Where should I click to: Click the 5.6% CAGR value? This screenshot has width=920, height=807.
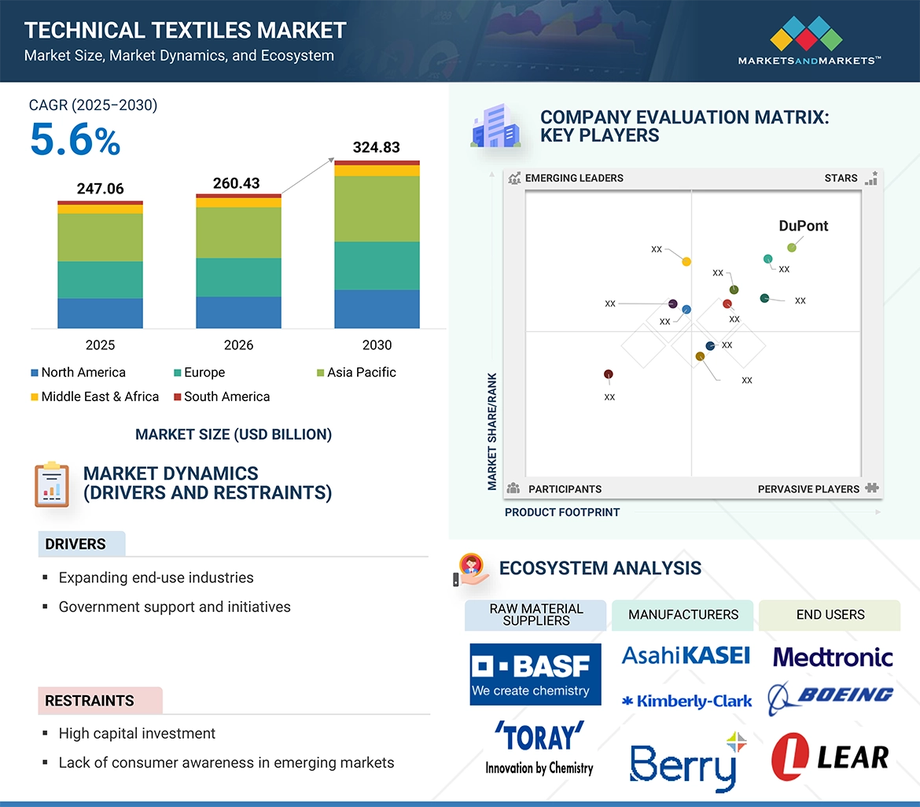click(75, 141)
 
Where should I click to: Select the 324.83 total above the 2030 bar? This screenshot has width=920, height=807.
click(376, 147)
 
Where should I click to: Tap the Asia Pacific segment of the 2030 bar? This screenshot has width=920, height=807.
click(376, 208)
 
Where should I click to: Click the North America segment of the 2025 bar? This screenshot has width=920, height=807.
click(100, 313)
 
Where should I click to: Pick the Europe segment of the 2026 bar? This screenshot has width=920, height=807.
click(238, 277)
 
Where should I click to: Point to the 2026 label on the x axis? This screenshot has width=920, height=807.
click(238, 345)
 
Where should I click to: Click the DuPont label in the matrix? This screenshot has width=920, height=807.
click(803, 227)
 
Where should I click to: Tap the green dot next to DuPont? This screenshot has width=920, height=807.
click(792, 248)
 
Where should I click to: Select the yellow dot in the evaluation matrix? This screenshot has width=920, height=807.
click(686, 261)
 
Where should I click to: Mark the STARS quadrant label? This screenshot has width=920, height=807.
click(841, 179)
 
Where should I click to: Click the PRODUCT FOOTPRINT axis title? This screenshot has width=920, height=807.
click(562, 513)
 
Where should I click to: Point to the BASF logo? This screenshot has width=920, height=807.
click(535, 674)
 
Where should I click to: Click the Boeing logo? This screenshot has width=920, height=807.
click(832, 696)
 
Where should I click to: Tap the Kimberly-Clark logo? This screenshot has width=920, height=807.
click(686, 701)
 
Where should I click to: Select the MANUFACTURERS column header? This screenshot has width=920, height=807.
click(683, 615)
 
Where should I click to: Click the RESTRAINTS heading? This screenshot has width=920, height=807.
click(90, 701)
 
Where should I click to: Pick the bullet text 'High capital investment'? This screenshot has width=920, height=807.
click(137, 734)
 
